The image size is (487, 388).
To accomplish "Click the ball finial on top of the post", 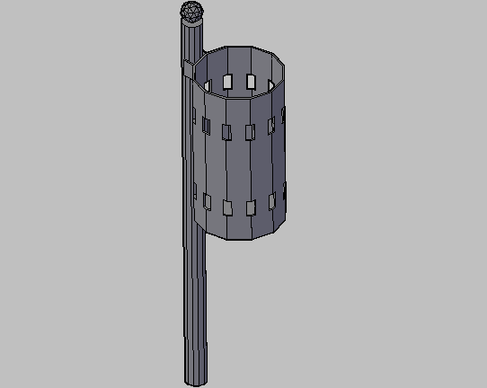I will point(191,13).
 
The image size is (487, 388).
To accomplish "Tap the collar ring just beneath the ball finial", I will point(192,24).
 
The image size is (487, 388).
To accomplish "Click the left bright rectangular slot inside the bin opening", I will point(229,80).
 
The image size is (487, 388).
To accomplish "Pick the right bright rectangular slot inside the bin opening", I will point(251,82).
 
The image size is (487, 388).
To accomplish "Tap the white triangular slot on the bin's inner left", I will point(208,84).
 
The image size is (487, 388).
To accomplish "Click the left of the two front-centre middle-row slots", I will point(226,131).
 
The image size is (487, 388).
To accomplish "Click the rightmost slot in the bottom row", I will point(284,191).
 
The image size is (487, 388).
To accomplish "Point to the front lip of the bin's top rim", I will point(238,97).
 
